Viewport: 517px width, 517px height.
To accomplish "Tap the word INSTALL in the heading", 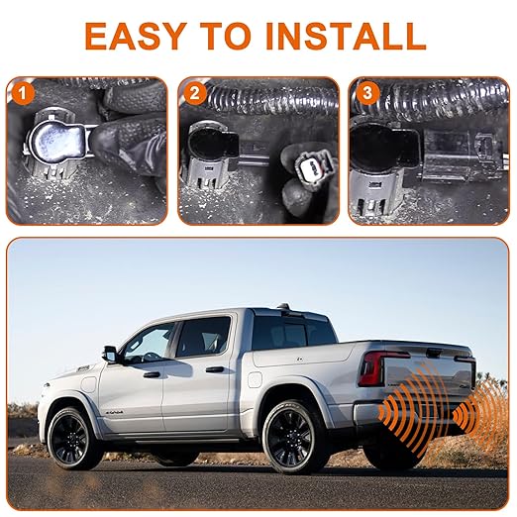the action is (x=346, y=37).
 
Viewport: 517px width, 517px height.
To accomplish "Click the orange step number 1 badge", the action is (x=23, y=93).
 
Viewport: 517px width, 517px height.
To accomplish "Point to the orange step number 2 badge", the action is (x=195, y=93).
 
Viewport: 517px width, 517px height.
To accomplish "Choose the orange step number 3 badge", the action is (x=366, y=93).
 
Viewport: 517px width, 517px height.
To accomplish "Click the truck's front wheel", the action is (x=72, y=439).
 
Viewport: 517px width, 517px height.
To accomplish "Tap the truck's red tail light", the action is (x=374, y=368).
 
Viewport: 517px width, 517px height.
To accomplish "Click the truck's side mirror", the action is (x=110, y=355).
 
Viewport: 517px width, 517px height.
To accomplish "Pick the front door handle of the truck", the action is (x=152, y=374).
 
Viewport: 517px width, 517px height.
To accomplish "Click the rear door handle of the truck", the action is (x=215, y=369).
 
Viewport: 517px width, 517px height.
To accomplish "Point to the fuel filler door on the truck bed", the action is (x=255, y=379).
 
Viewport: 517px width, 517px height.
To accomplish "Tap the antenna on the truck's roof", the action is (x=283, y=305).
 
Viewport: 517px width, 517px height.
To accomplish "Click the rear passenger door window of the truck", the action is (x=203, y=337).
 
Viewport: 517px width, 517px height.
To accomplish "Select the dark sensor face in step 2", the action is (x=211, y=146).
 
